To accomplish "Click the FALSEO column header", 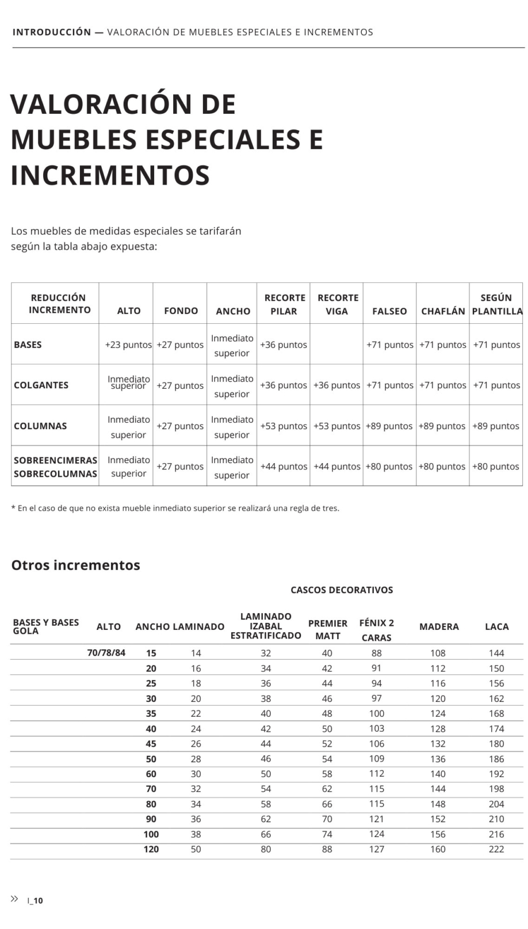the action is (389, 311).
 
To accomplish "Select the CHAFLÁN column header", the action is (443, 311).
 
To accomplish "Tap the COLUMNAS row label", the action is (40, 426).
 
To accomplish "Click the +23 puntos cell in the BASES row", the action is (128, 345).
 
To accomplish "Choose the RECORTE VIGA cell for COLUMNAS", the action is (337, 426).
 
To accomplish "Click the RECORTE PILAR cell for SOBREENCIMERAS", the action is (284, 467).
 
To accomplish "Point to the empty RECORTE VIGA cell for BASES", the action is (337, 345).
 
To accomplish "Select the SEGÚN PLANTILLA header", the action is (496, 304).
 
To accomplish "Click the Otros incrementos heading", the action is (76, 565).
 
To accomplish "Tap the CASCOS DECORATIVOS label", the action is (342, 590).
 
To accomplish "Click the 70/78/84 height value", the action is (106, 653).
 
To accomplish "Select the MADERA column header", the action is (439, 627).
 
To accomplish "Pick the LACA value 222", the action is (496, 850).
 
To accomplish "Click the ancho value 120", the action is (151, 850).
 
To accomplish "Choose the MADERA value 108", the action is (438, 653).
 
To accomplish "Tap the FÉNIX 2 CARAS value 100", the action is (377, 714).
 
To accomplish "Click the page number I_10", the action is (36, 901).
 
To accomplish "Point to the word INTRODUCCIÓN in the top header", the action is (52, 32).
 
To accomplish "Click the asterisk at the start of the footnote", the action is (13, 508).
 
